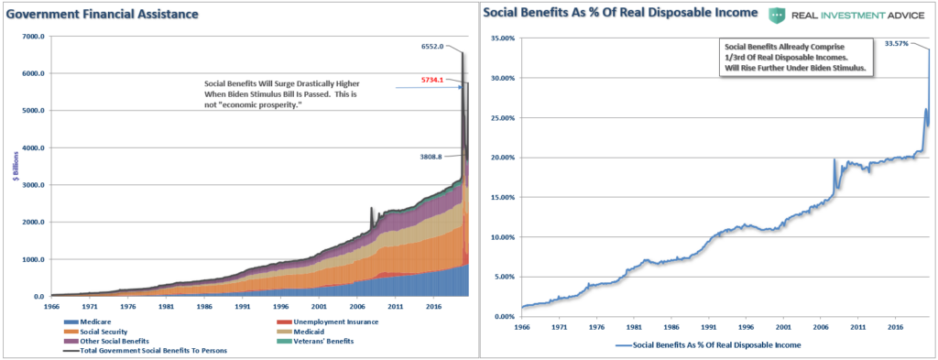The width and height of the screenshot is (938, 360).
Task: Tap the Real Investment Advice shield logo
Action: point(777,14)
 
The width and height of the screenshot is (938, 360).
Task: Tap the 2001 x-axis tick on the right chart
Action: point(783,326)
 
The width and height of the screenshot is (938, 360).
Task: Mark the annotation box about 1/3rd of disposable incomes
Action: point(791,58)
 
